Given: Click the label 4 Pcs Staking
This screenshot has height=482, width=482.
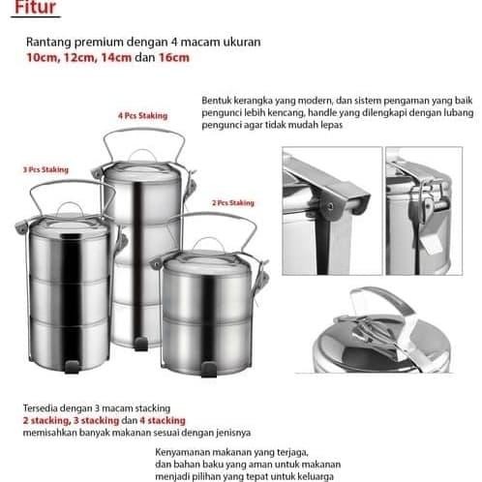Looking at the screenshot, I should point(142,114).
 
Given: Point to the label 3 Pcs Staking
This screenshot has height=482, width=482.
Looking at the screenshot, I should point(45,169).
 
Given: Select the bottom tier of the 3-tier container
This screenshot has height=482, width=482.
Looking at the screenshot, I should point(61,344).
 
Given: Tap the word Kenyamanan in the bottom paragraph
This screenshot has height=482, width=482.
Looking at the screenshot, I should point(188,451).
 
